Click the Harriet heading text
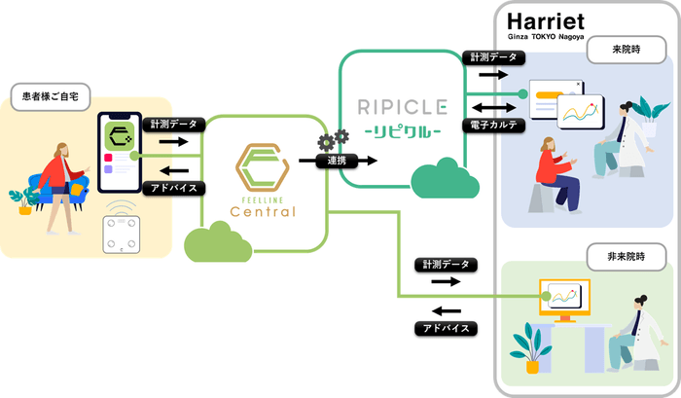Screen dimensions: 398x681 548,20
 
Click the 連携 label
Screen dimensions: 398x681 337,160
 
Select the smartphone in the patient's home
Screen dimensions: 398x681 121,152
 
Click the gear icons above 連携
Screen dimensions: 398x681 333,138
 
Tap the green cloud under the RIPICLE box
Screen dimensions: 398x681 439,181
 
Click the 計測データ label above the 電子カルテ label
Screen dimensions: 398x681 492,57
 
